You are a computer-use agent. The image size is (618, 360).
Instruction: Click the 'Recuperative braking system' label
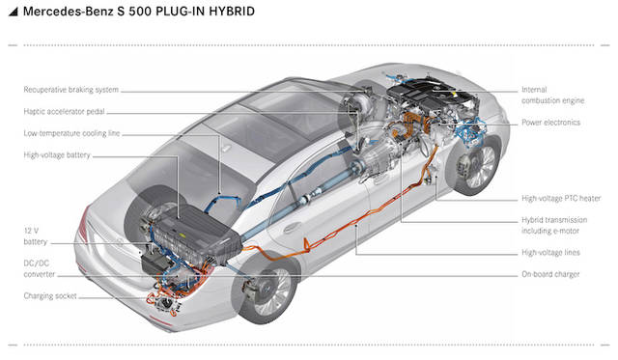pyautogui.click(x=70, y=90)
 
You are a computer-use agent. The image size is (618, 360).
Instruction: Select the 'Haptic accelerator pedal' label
pyautogui.click(x=65, y=111)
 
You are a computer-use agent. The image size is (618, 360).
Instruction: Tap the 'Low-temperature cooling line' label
pyautogui.click(x=71, y=133)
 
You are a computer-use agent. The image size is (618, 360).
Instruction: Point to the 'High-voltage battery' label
pyautogui.click(x=57, y=155)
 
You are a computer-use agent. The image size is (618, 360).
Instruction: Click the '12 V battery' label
pyautogui.click(x=36, y=236)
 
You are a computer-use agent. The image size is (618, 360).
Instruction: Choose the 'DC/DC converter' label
pyautogui.click(x=40, y=268)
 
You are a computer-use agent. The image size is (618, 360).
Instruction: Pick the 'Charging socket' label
pyautogui.click(x=50, y=295)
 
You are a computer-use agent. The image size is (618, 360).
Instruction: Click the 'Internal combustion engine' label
pyautogui.click(x=553, y=95)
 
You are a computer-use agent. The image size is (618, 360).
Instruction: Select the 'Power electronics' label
pyautogui.click(x=551, y=123)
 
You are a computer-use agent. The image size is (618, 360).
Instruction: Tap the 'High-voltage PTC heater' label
pyautogui.click(x=561, y=198)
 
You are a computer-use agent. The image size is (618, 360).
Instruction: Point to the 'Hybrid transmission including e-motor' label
pyautogui.click(x=554, y=225)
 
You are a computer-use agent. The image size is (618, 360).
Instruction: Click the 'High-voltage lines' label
pyautogui.click(x=551, y=253)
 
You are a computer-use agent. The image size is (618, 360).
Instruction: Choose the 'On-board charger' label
pyautogui.click(x=550, y=274)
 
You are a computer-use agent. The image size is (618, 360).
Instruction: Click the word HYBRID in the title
pyautogui.click(x=232, y=12)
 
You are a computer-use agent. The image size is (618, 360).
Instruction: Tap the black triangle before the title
pyautogui.click(x=14, y=12)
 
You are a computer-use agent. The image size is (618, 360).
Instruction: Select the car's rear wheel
pyautogui.click(x=267, y=291)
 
